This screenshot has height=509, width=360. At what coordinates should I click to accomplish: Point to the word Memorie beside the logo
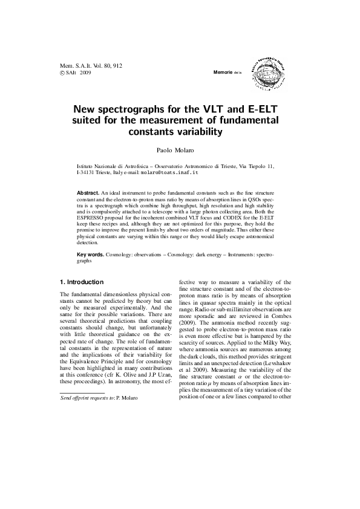tap(223, 73)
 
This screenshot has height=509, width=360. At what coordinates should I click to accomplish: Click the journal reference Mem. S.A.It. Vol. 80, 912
tap(91, 65)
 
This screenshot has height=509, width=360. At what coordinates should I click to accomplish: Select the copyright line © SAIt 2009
tap(76, 72)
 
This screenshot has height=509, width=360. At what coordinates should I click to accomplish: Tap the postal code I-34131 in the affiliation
tap(88, 172)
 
